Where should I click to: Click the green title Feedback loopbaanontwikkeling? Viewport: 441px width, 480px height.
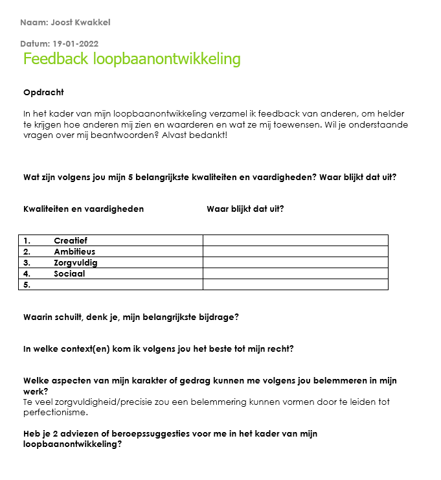pyautogui.click(x=131, y=59)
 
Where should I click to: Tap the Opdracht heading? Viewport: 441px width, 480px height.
pyautogui.click(x=43, y=93)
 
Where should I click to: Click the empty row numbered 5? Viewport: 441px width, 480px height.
pyautogui.click(x=110, y=284)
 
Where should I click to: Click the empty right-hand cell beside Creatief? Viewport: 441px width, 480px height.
pyautogui.click(x=295, y=240)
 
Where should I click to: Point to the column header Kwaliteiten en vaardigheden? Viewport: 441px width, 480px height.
pyautogui.click(x=84, y=209)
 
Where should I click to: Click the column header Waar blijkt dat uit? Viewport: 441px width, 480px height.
pyautogui.click(x=245, y=209)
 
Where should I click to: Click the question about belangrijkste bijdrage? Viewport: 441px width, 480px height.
pyautogui.click(x=131, y=317)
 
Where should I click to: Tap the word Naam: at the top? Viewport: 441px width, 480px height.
pyautogui.click(x=34, y=23)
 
